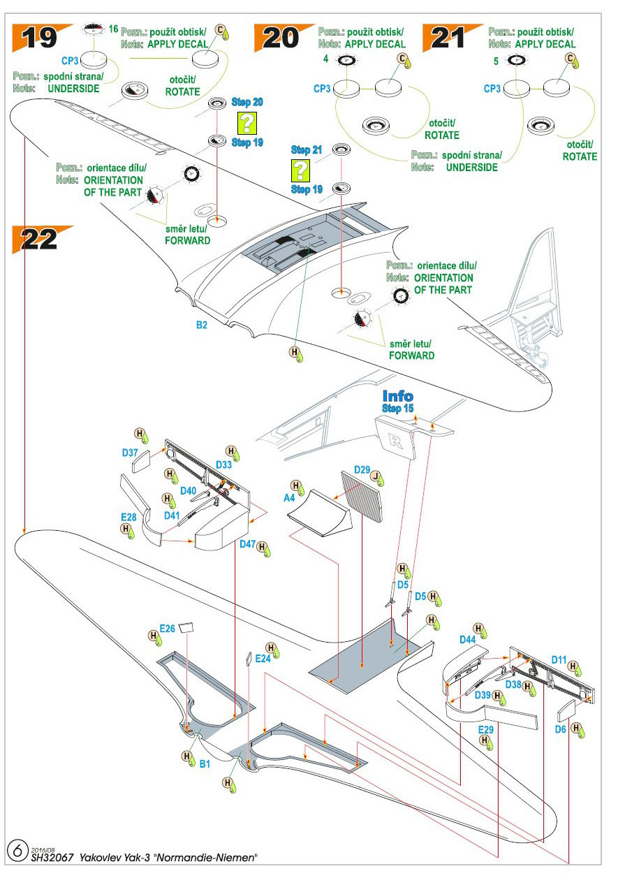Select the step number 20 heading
pyautogui.click(x=281, y=37)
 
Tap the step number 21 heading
pyautogui.click(x=449, y=37)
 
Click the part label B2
pyautogui.click(x=201, y=325)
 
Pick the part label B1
pyautogui.click(x=205, y=764)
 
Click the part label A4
pyautogui.click(x=288, y=498)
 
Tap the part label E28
pyautogui.click(x=128, y=517)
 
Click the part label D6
pyautogui.click(x=560, y=729)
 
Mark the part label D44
pyautogui.click(x=467, y=640)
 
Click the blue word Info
pyautogui.click(x=398, y=396)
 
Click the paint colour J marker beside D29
pyautogui.click(x=377, y=477)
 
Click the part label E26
pyautogui.click(x=167, y=628)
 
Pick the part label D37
pyautogui.click(x=130, y=453)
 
